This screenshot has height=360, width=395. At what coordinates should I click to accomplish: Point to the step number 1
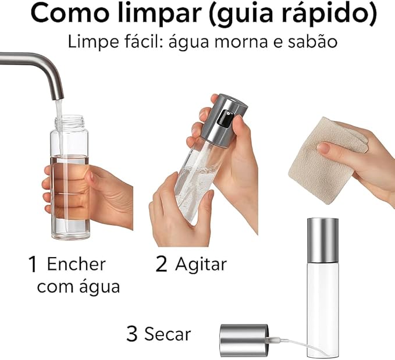click(x=34, y=265)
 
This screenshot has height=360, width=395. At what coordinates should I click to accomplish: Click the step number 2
click(x=161, y=265)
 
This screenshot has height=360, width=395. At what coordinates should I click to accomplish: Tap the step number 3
click(x=133, y=334)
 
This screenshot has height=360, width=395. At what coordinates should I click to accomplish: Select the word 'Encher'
click(x=76, y=264)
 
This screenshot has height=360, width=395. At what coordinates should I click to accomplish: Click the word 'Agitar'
click(x=201, y=265)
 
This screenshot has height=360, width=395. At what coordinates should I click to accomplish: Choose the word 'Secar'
click(x=168, y=334)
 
